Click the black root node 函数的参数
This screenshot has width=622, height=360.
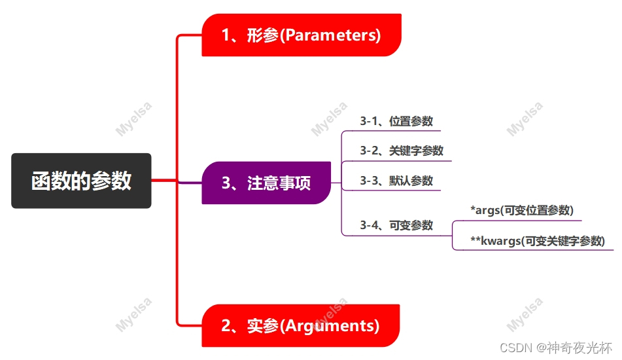pyautogui.click(x=81, y=181)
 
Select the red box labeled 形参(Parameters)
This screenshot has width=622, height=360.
pyautogui.click(x=302, y=35)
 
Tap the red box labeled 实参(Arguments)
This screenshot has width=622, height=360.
pyautogui.click(x=301, y=325)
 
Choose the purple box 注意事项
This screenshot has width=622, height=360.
pyautogui.click(x=266, y=183)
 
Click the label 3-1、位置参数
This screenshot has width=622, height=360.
pyautogui.click(x=396, y=121)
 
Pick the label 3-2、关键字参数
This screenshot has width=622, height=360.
pyautogui.click(x=402, y=151)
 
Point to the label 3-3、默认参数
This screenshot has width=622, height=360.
pyautogui.click(x=396, y=181)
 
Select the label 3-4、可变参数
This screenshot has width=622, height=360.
pyautogui.click(x=396, y=225)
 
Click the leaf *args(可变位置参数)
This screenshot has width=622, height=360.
pyautogui.click(x=522, y=210)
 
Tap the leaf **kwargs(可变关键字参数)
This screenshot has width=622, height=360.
pyautogui.click(x=538, y=240)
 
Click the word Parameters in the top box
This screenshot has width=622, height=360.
pyautogui.click(x=330, y=35)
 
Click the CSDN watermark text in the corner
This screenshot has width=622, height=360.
pyautogui.click(x=556, y=348)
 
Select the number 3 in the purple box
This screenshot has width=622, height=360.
pyautogui.click(x=226, y=183)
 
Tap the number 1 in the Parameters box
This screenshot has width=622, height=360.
pyautogui.click(x=225, y=35)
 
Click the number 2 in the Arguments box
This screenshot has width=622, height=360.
pyautogui.click(x=226, y=325)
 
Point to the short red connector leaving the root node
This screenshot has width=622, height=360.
pyautogui.click(x=164, y=181)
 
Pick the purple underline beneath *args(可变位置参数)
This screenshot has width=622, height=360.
pyautogui.click(x=517, y=221)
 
